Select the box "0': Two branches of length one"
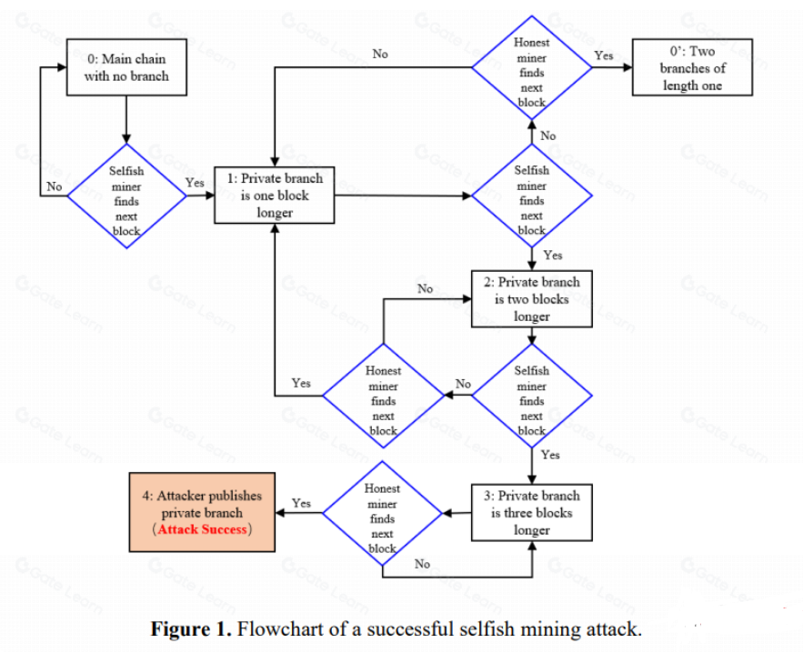(693, 68)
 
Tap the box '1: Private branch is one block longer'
(274, 195)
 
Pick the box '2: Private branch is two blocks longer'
(531, 298)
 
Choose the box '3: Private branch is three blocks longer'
(531, 512)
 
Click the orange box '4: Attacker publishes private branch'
(202, 512)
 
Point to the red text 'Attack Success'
(203, 528)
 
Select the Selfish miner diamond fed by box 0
(126, 200)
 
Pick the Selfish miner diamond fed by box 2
(531, 400)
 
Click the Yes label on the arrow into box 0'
(603, 55)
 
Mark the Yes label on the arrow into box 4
(301, 503)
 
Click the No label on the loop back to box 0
(54, 186)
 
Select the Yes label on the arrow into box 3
(550, 455)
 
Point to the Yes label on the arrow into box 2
(552, 256)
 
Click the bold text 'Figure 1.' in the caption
(190, 629)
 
